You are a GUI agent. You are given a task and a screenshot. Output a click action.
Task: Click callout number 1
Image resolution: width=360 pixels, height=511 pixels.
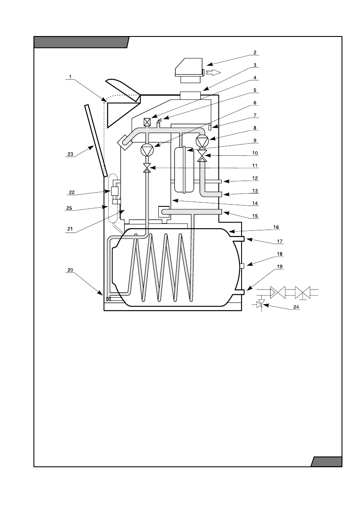pyautogui.click(x=69, y=78)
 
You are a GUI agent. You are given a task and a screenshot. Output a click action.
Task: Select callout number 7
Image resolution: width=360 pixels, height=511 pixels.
pyautogui.click(x=254, y=115)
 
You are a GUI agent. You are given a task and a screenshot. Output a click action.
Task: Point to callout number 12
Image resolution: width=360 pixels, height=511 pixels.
pyautogui.click(x=254, y=178)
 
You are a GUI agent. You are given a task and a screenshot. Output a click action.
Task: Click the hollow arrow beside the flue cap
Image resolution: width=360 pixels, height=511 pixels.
pyautogui.click(x=213, y=72)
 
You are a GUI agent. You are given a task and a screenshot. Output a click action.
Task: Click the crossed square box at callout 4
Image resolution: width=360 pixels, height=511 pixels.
pyautogui.click(x=147, y=122)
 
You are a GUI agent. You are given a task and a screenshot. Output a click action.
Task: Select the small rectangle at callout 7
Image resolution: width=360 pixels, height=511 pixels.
pyautogui.click(x=210, y=128)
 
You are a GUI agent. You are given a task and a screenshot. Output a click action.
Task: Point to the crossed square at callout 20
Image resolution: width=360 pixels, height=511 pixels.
pyautogui.click(x=109, y=299)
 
